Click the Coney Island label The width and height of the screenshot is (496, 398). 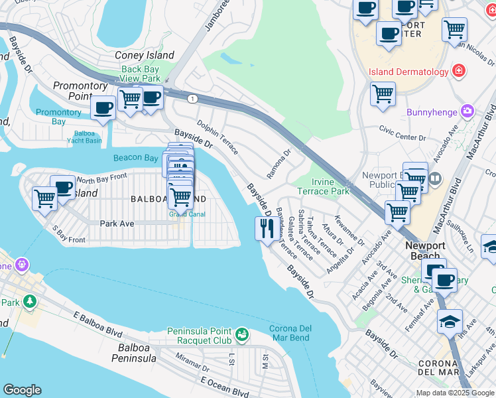tap(144, 56)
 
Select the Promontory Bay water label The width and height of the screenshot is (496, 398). tap(59, 117)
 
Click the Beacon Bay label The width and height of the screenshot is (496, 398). tap(136, 158)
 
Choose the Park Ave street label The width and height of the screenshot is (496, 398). tap(117, 224)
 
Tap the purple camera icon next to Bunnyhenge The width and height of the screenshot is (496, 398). tap(468, 112)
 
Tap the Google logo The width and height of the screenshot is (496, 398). tap(23, 390)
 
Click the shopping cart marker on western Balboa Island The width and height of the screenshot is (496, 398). tap(45, 198)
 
